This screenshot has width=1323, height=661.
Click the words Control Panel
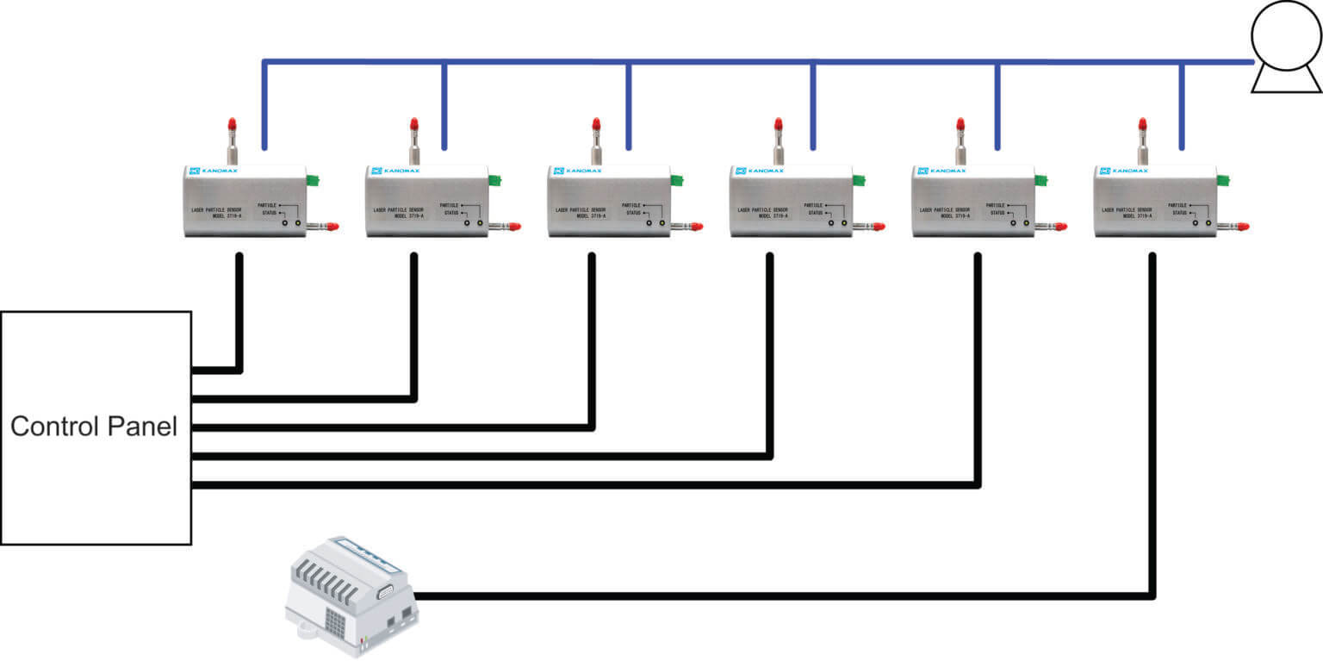(x=94, y=427)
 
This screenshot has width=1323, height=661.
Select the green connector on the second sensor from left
(x=495, y=180)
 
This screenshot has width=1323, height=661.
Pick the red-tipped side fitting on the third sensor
(x=693, y=227)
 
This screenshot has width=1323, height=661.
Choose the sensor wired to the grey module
(x=1154, y=202)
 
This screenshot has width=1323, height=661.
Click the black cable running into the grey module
(x=775, y=596)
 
